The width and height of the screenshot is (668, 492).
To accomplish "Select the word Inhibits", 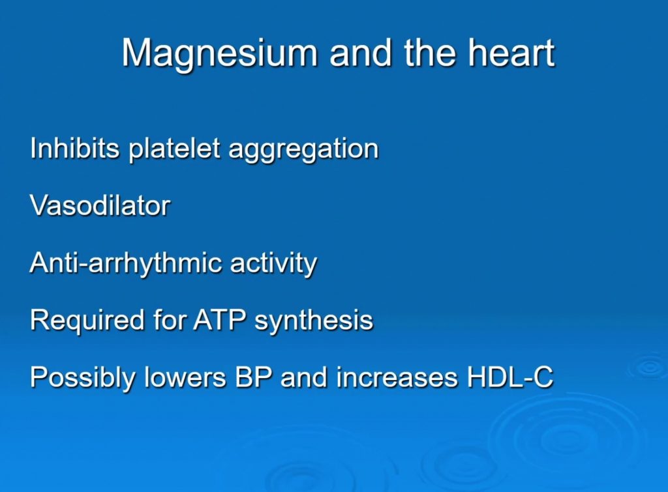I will click(75, 149).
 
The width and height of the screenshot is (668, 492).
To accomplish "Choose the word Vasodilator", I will click(100, 206).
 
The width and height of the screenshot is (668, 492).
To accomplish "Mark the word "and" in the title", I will click(363, 53).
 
